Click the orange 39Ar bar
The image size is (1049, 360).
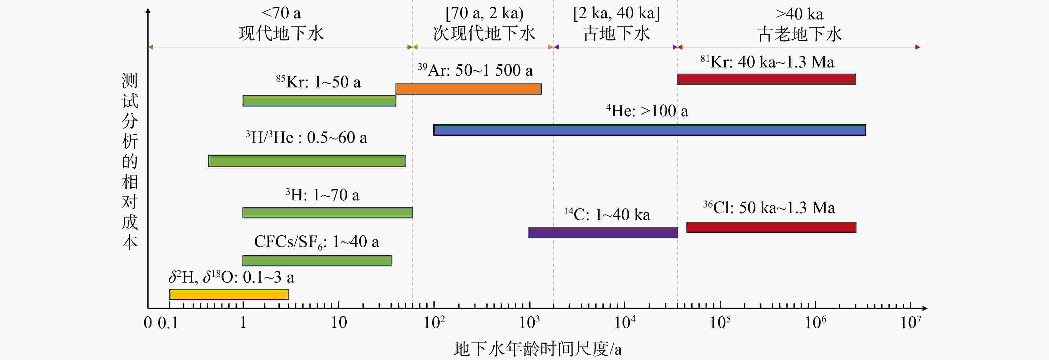(469, 89)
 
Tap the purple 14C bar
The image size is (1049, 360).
(603, 233)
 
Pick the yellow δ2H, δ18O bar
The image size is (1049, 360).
(229, 294)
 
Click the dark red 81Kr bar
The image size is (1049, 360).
(766, 79)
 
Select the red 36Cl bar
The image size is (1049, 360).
(771, 227)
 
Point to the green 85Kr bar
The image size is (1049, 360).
(319, 100)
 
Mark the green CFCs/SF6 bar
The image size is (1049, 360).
(317, 261)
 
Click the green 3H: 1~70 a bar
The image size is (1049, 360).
(327, 213)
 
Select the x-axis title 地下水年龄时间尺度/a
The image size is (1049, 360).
(538, 349)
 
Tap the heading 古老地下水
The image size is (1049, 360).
(799, 34)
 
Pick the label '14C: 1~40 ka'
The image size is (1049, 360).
(607, 214)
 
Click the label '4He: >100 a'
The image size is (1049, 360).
(647, 110)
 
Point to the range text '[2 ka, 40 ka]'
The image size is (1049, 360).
(616, 13)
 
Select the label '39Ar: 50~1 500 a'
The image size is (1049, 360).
(475, 70)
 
